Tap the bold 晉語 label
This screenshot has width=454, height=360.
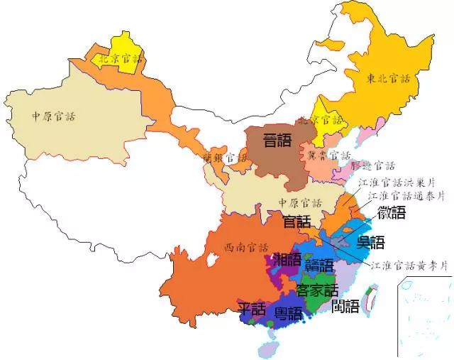tap(277, 140)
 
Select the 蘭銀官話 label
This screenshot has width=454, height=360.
tap(226, 158)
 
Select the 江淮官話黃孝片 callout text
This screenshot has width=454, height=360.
tap(411, 266)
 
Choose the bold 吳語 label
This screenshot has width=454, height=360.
tap(372, 241)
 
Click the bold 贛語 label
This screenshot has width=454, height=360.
tap(319, 266)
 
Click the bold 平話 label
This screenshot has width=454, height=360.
tap(251, 310)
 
